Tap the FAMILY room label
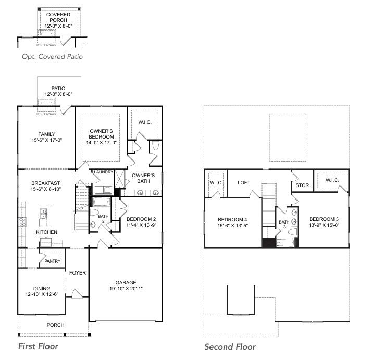(x=46, y=134)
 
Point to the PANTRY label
(x=53, y=261)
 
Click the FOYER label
(x=78, y=272)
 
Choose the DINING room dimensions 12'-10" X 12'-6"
(x=41, y=294)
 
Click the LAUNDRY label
(x=103, y=172)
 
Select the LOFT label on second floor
(x=244, y=183)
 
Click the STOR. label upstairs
(x=303, y=184)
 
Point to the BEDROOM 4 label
(x=232, y=219)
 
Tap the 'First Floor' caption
(x=38, y=346)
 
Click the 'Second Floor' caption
(x=230, y=346)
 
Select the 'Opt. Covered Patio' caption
(x=52, y=56)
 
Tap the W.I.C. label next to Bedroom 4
(x=216, y=182)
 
